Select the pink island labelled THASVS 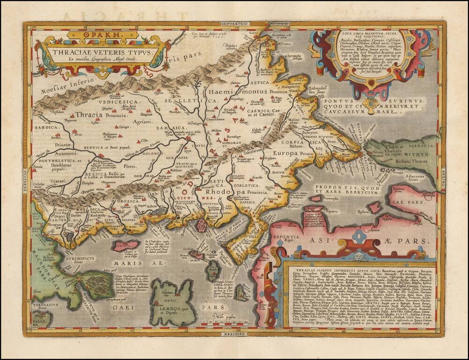tap(124, 245)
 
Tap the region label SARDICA tap(46, 127)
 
